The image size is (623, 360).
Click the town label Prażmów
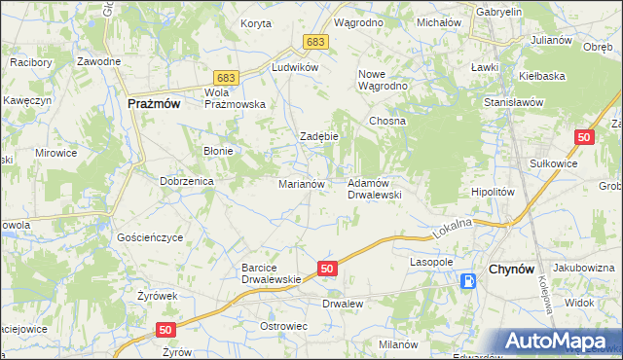click(154, 102)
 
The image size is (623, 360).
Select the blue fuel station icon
click(469, 281)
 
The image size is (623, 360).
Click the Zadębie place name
click(318, 137)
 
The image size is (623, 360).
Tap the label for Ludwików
click(296, 67)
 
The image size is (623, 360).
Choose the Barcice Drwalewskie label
click(274, 273)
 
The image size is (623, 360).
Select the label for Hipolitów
click(492, 193)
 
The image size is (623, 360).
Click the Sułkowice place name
click(553, 163)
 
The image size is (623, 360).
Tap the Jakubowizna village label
click(584, 268)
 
